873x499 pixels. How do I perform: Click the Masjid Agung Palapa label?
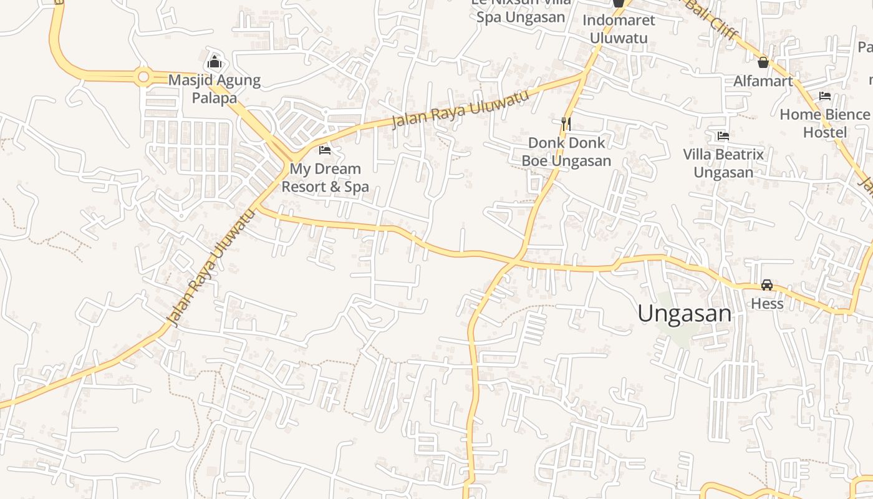click(x=214, y=89)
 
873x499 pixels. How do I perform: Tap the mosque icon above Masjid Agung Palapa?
click(x=214, y=62)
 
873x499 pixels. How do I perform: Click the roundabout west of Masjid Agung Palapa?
click(x=143, y=77)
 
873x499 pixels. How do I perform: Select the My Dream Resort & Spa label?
click(x=325, y=178)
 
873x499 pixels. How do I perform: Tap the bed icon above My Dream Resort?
click(x=325, y=150)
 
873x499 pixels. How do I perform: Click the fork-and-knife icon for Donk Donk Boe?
click(x=566, y=124)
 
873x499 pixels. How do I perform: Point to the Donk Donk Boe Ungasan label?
click(x=566, y=152)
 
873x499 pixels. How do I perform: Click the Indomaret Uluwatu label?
click(x=619, y=29)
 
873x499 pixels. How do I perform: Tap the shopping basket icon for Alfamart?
click(x=763, y=62)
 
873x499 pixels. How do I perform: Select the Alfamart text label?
click(x=763, y=81)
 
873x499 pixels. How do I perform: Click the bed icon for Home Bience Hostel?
click(x=824, y=96)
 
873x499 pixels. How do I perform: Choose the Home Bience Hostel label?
click(x=824, y=124)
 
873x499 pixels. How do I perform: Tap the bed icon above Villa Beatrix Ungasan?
click(x=723, y=135)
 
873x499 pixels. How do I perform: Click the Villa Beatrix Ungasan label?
click(x=723, y=163)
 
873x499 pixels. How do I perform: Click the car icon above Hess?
click(x=766, y=285)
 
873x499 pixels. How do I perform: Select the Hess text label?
click(x=766, y=304)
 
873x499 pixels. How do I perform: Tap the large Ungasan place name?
click(x=684, y=313)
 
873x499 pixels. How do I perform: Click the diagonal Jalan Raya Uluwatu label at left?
click(x=211, y=268)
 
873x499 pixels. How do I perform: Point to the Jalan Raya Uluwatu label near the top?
click(x=460, y=108)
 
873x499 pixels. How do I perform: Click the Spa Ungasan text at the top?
click(x=521, y=17)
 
